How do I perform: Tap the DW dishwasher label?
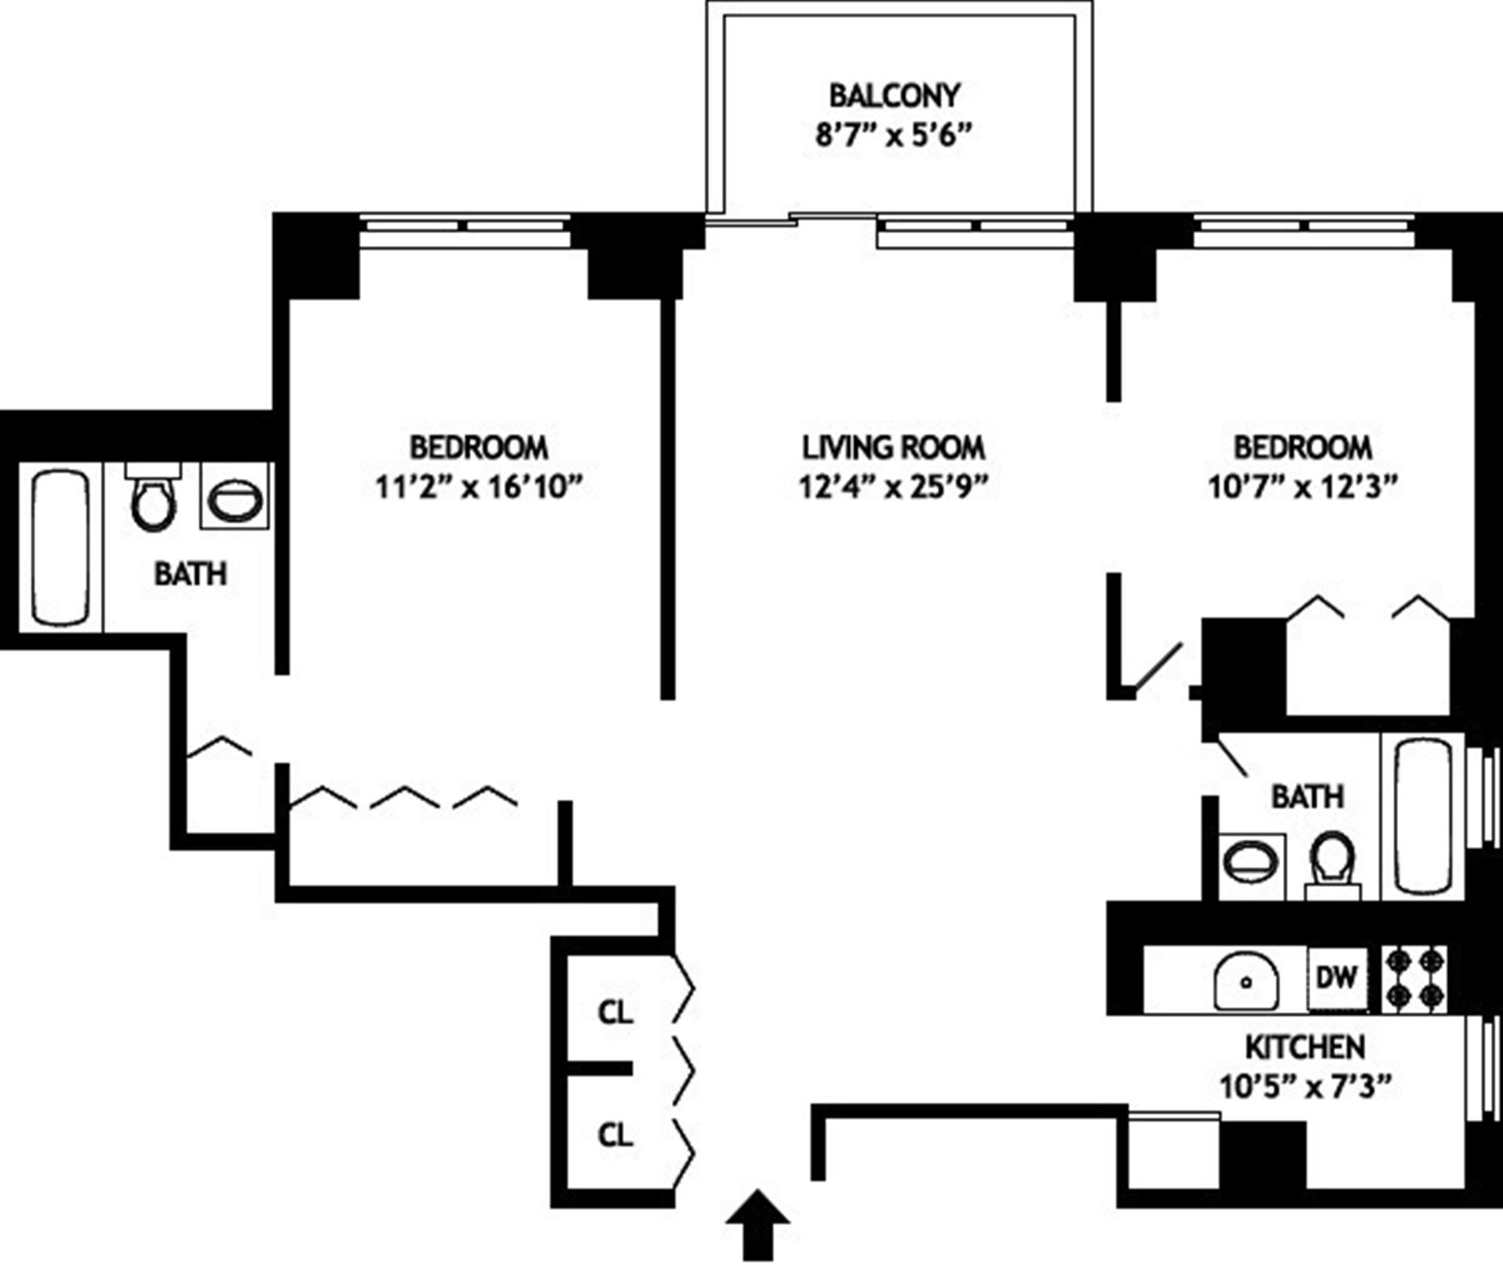click(x=1337, y=977)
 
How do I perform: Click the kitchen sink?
click(x=1246, y=980)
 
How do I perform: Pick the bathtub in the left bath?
click(x=59, y=546)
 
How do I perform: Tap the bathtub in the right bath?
click(x=1423, y=815)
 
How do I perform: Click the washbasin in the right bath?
click(x=1251, y=863)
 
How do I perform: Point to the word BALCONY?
click(x=894, y=96)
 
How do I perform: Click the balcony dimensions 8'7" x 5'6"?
click(x=893, y=135)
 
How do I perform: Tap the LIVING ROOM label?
click(x=893, y=448)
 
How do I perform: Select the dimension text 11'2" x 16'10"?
click(x=479, y=488)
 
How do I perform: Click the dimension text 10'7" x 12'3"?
click(x=1303, y=488)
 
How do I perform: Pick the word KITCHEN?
click(x=1305, y=1047)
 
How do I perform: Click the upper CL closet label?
click(x=615, y=1012)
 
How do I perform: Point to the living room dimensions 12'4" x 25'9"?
click(x=893, y=488)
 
